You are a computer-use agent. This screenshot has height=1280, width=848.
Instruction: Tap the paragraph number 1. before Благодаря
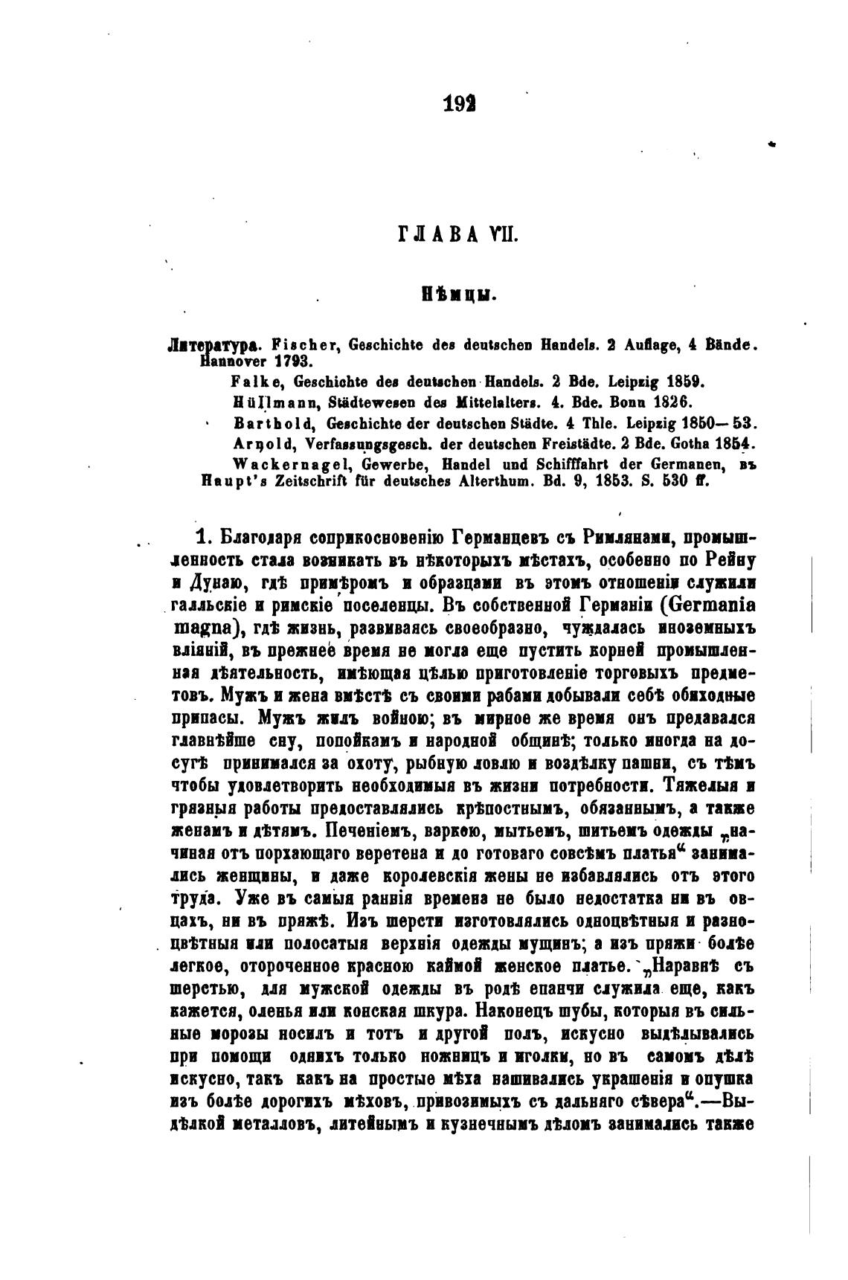[x=202, y=537]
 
